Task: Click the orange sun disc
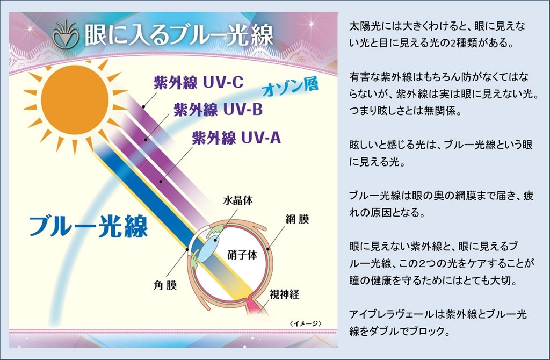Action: coord(75,100)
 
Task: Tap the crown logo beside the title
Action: coord(66,34)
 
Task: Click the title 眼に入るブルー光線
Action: coord(179,35)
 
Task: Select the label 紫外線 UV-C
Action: coord(199,82)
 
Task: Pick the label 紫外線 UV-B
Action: coord(218,110)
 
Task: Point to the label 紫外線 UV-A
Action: coord(236,138)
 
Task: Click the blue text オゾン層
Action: coord(291,87)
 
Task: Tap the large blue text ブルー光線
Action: coord(89,226)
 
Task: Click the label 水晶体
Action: coord(238,200)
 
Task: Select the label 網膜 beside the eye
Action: coord(297,220)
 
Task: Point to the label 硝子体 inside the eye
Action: coord(242,255)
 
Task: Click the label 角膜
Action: coord(165,285)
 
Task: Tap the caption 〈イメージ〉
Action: coord(306,323)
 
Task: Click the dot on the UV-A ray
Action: coord(161,182)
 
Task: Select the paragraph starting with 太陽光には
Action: coord(437,34)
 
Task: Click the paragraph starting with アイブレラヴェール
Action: coord(438,322)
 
